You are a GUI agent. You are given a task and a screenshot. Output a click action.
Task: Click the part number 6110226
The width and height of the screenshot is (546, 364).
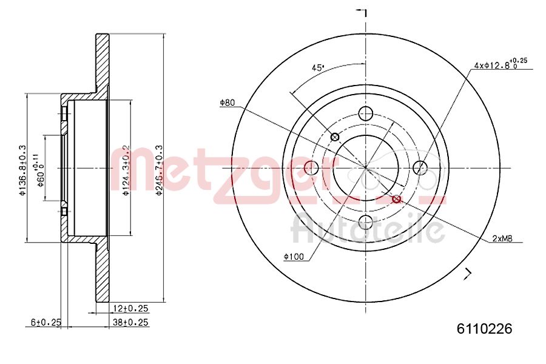484,329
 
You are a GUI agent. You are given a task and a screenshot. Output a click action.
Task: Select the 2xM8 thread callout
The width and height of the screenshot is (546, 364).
502,239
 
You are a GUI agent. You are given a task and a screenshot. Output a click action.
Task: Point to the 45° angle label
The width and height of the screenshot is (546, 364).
318,68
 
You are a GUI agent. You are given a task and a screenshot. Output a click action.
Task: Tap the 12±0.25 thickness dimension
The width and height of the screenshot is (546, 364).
130,309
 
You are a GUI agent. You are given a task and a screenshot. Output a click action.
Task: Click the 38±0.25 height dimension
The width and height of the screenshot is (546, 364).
130,323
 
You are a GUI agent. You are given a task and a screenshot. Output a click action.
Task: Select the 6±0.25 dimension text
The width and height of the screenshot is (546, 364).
46,323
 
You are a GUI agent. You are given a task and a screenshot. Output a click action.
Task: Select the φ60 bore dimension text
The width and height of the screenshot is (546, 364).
40,172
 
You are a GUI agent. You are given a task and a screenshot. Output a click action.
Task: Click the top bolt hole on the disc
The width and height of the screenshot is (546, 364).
366,113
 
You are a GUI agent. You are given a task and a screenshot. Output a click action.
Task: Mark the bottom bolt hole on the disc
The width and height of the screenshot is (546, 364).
366,222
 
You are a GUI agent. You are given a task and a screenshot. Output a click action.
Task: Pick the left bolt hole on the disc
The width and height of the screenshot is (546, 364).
311,167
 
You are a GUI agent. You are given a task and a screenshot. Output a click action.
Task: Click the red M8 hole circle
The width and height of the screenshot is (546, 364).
397,199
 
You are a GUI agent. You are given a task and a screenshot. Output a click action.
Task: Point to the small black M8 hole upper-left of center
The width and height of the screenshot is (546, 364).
334,136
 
